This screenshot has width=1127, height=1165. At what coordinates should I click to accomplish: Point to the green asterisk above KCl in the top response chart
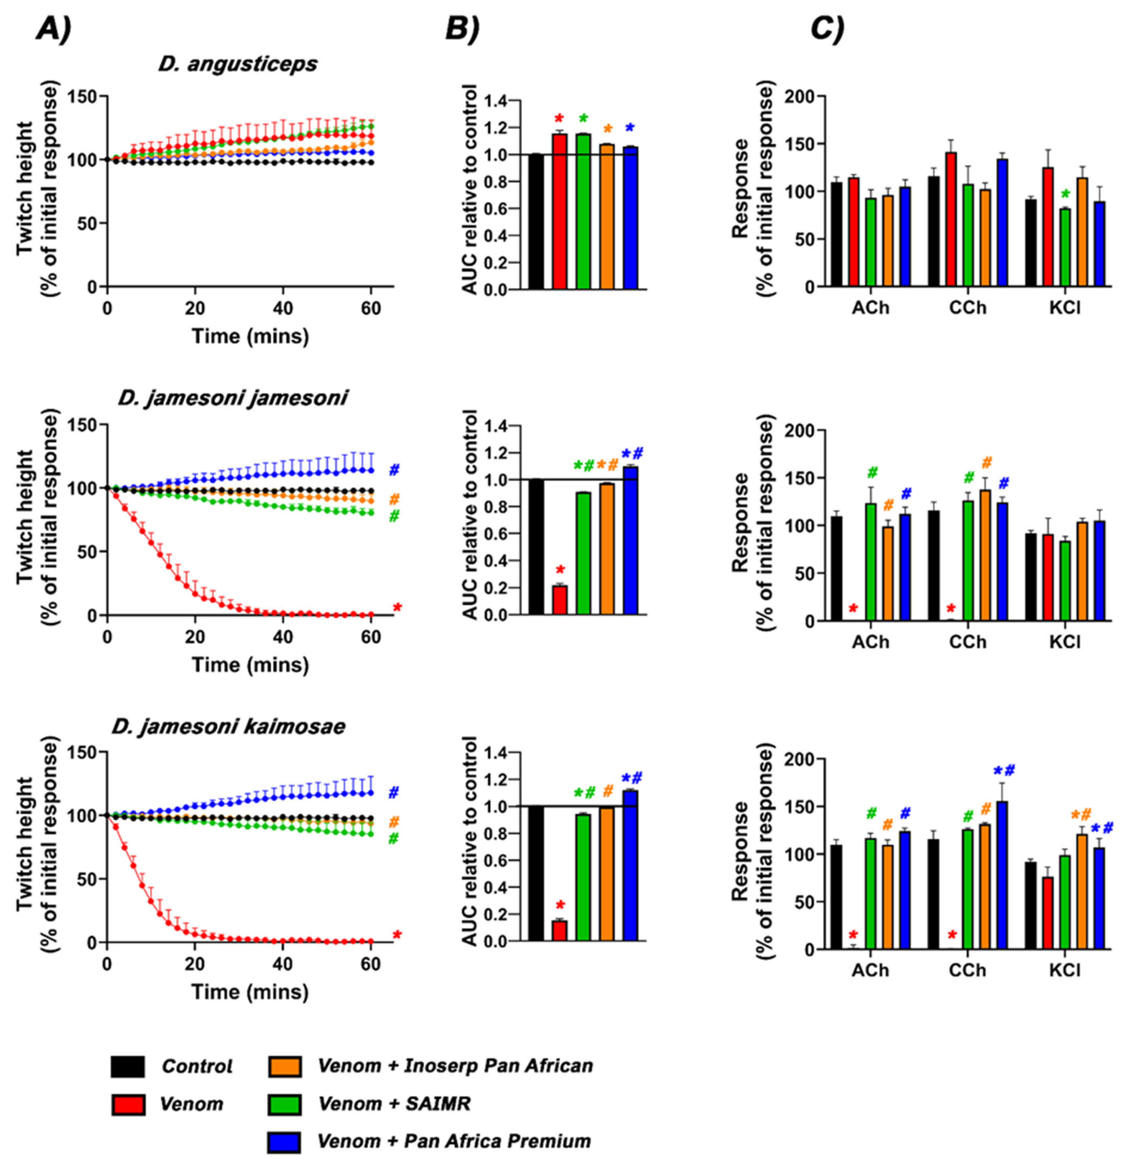tap(1065, 195)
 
